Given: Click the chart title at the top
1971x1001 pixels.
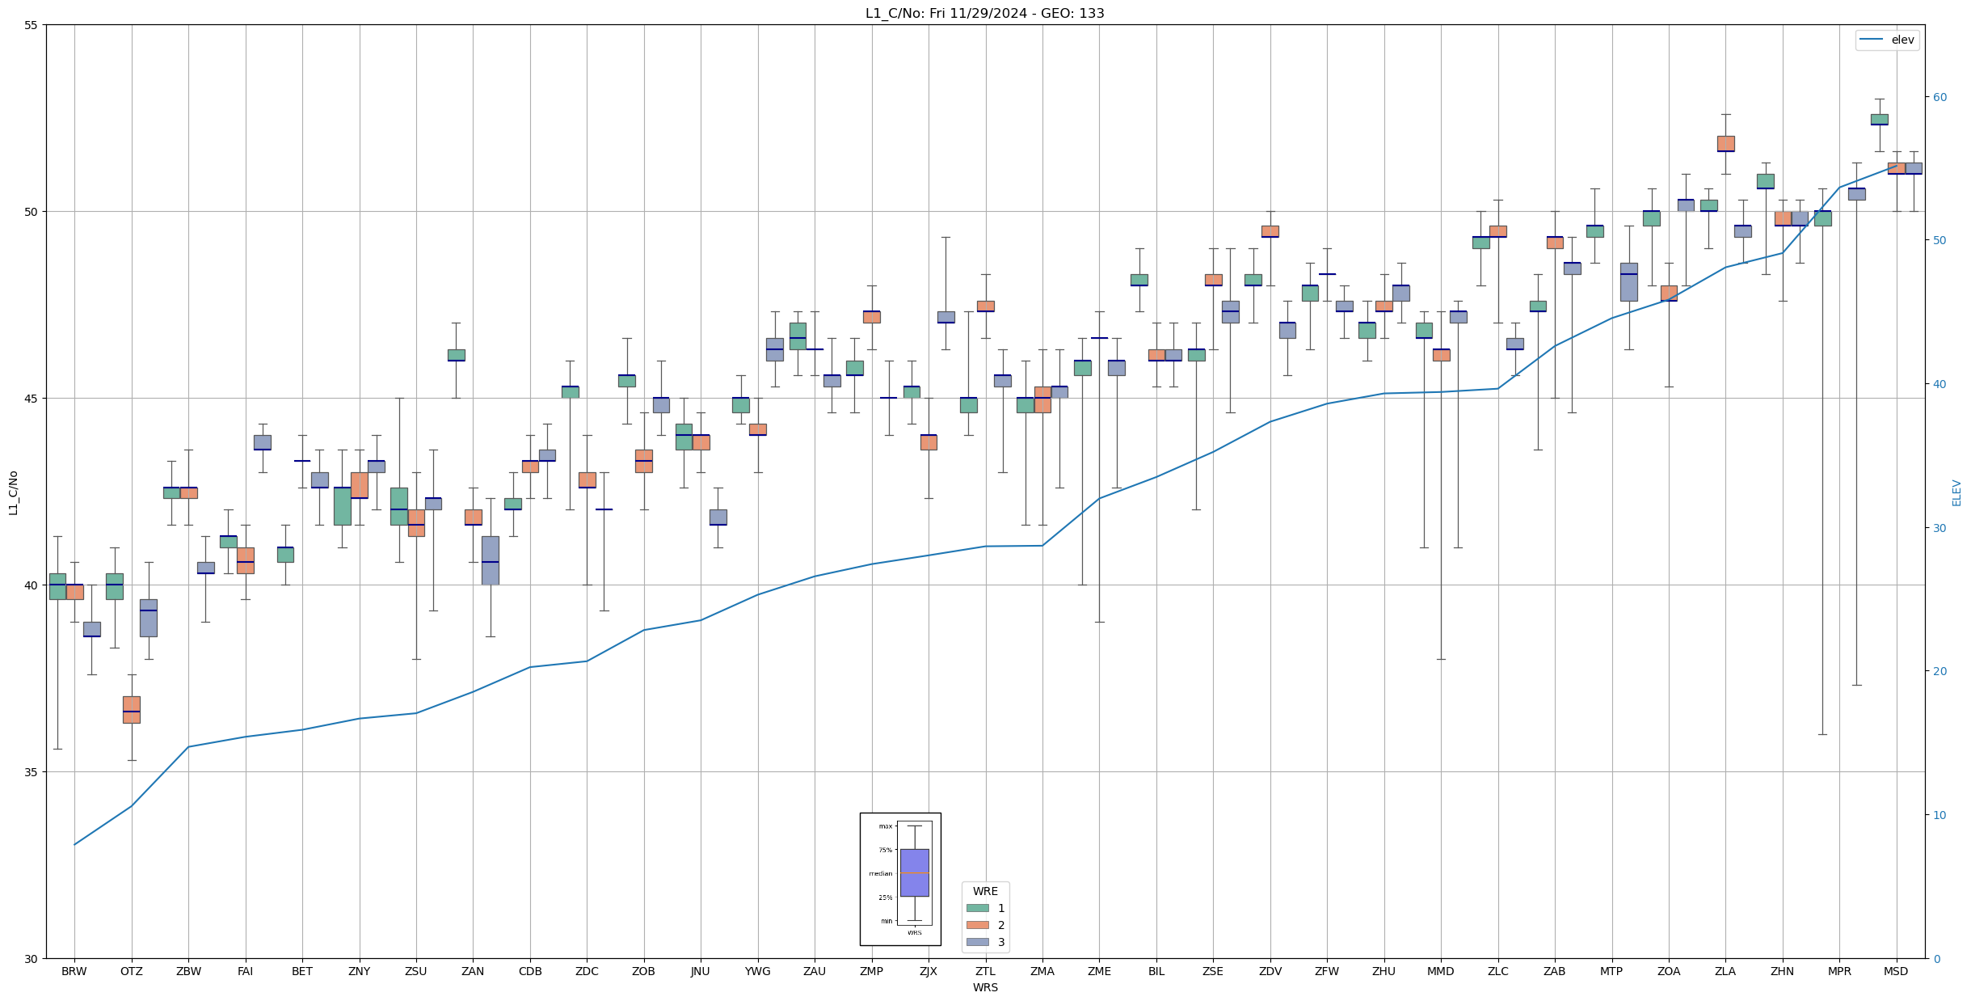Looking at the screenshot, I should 984,13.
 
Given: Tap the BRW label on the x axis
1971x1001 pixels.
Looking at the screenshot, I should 74,971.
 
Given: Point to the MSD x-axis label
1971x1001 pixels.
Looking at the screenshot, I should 1896,971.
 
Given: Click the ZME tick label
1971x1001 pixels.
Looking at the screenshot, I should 1099,971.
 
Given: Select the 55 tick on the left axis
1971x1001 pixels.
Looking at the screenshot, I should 32,25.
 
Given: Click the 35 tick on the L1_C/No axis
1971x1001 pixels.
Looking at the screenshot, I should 32,772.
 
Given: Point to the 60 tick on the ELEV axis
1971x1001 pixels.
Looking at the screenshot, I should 1939,97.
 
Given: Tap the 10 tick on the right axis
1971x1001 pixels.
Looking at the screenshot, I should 1939,815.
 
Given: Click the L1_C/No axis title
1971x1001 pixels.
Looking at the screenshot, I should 13,492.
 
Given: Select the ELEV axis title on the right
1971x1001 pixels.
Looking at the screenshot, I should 1956,492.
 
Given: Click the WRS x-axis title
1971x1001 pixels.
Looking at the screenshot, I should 985,987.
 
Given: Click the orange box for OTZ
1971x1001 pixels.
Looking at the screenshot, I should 132,709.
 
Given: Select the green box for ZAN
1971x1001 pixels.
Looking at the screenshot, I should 457,355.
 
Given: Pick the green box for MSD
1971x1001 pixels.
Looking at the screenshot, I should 1880,119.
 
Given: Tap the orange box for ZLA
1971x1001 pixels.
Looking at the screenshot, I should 1725,143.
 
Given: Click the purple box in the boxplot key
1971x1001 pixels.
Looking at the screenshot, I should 914,872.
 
